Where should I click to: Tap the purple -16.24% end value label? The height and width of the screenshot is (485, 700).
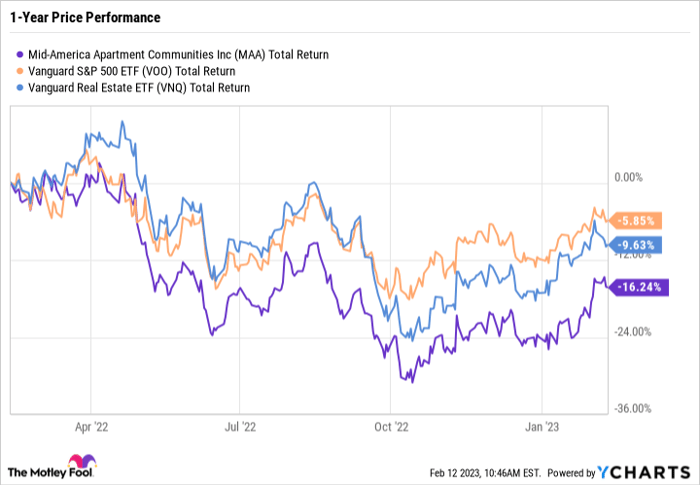pyautogui.click(x=635, y=286)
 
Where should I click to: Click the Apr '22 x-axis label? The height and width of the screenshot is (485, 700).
pyautogui.click(x=92, y=425)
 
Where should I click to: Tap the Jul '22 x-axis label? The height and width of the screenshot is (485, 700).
pyautogui.click(x=241, y=425)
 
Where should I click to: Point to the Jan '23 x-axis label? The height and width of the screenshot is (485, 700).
pyautogui.click(x=542, y=425)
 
